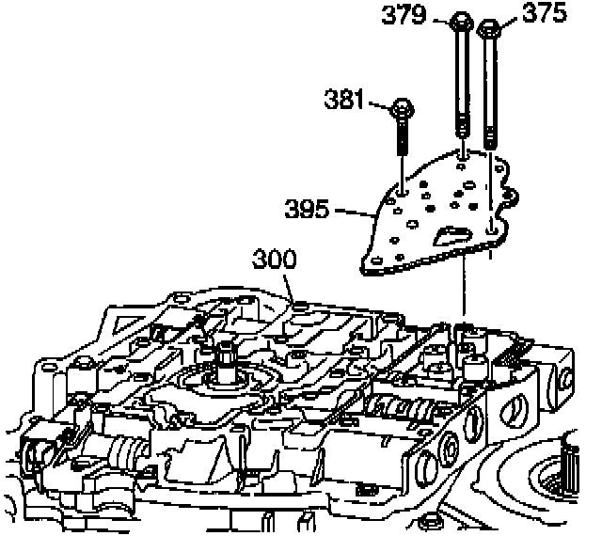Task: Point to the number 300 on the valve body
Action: click(271, 260)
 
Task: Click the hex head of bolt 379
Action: click(462, 22)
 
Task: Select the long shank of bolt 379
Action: click(463, 85)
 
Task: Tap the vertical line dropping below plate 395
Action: click(464, 292)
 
